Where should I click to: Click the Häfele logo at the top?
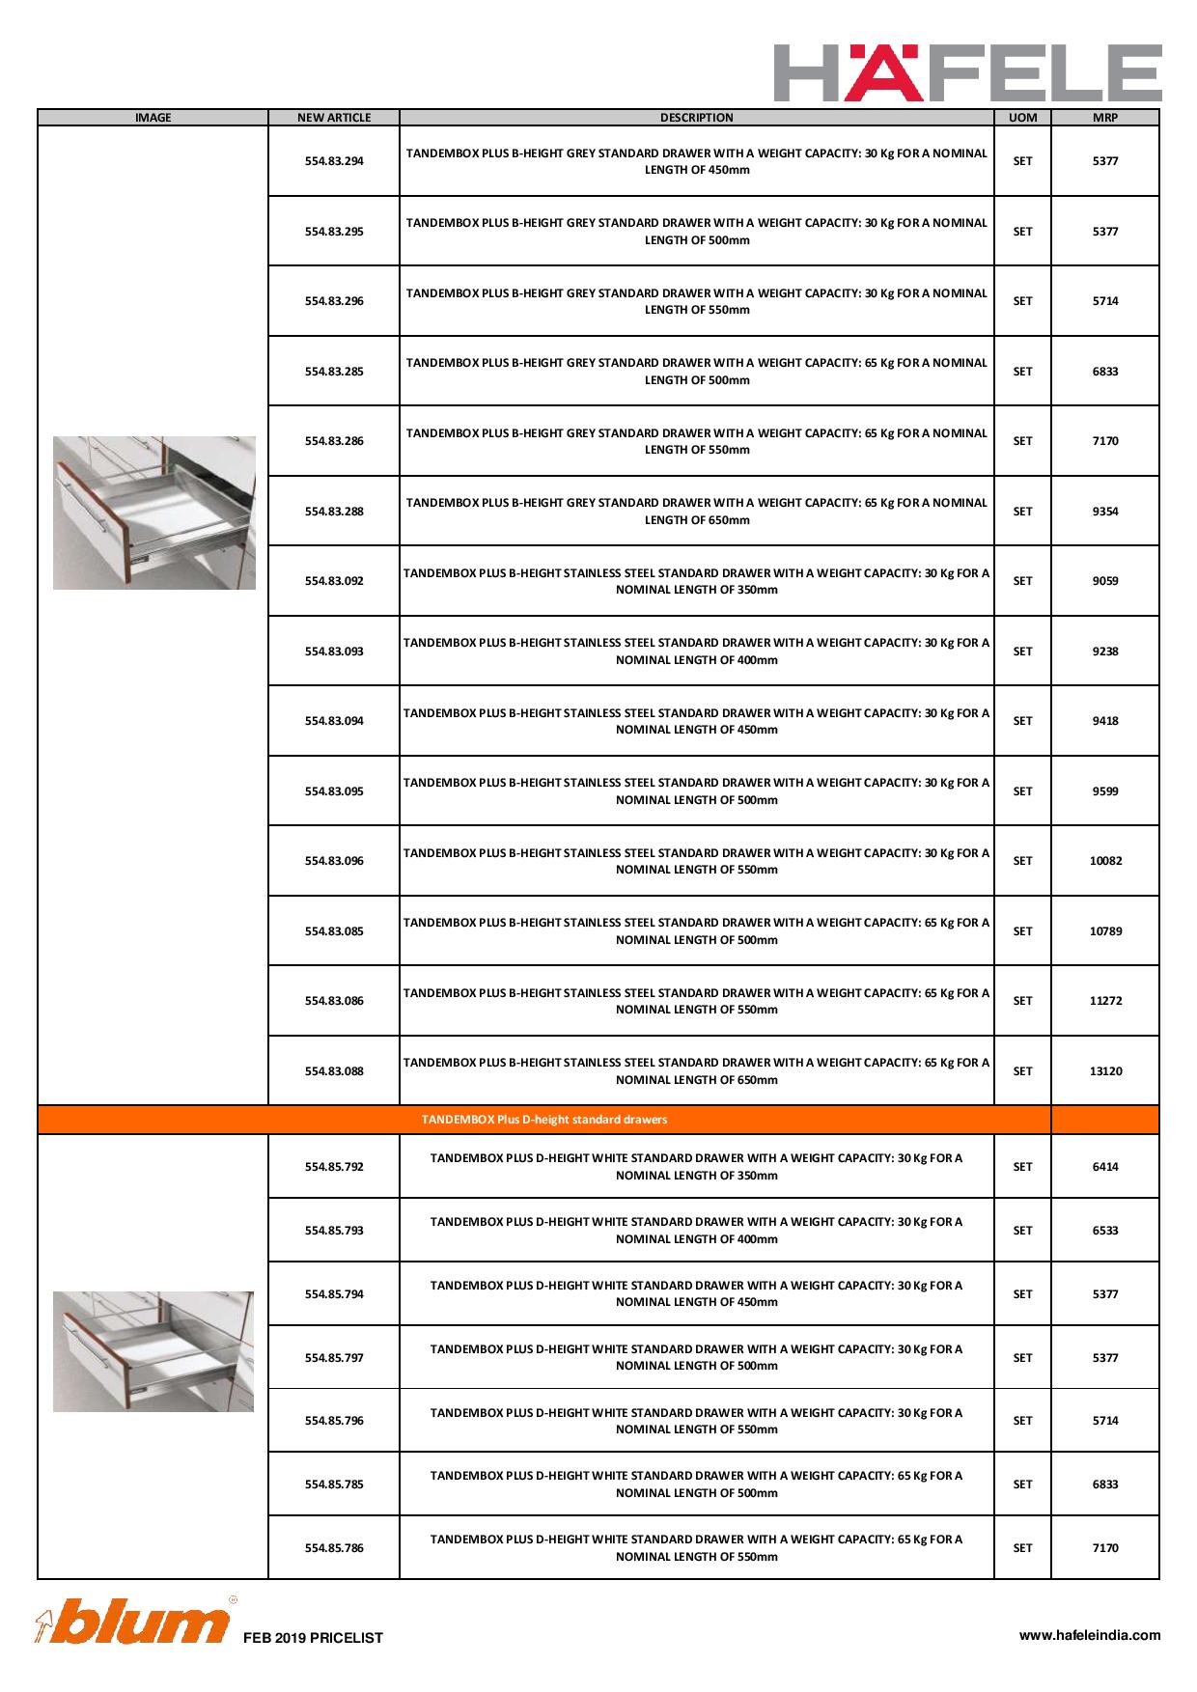tap(967, 72)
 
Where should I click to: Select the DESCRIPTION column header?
tap(696, 118)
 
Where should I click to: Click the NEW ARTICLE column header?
tap(334, 118)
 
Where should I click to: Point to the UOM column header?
tap(1022, 118)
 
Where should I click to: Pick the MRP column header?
tap(1105, 118)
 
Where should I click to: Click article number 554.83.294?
tap(334, 161)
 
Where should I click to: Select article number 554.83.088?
tap(334, 1071)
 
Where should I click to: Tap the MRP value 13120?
tap(1105, 1071)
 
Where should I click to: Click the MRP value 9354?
tap(1105, 512)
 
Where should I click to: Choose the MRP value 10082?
tap(1105, 861)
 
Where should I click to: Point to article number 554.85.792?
tap(334, 1167)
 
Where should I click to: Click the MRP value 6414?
tap(1105, 1167)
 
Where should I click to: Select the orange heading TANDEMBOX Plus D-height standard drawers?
tap(543, 1120)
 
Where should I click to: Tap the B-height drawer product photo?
tap(154, 513)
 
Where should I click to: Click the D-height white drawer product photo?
tap(153, 1351)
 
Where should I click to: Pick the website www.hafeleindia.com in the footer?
tap(1090, 1635)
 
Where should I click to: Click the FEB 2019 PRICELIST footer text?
tap(313, 1638)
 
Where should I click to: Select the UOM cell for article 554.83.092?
tap(1022, 581)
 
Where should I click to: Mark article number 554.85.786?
tap(334, 1548)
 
